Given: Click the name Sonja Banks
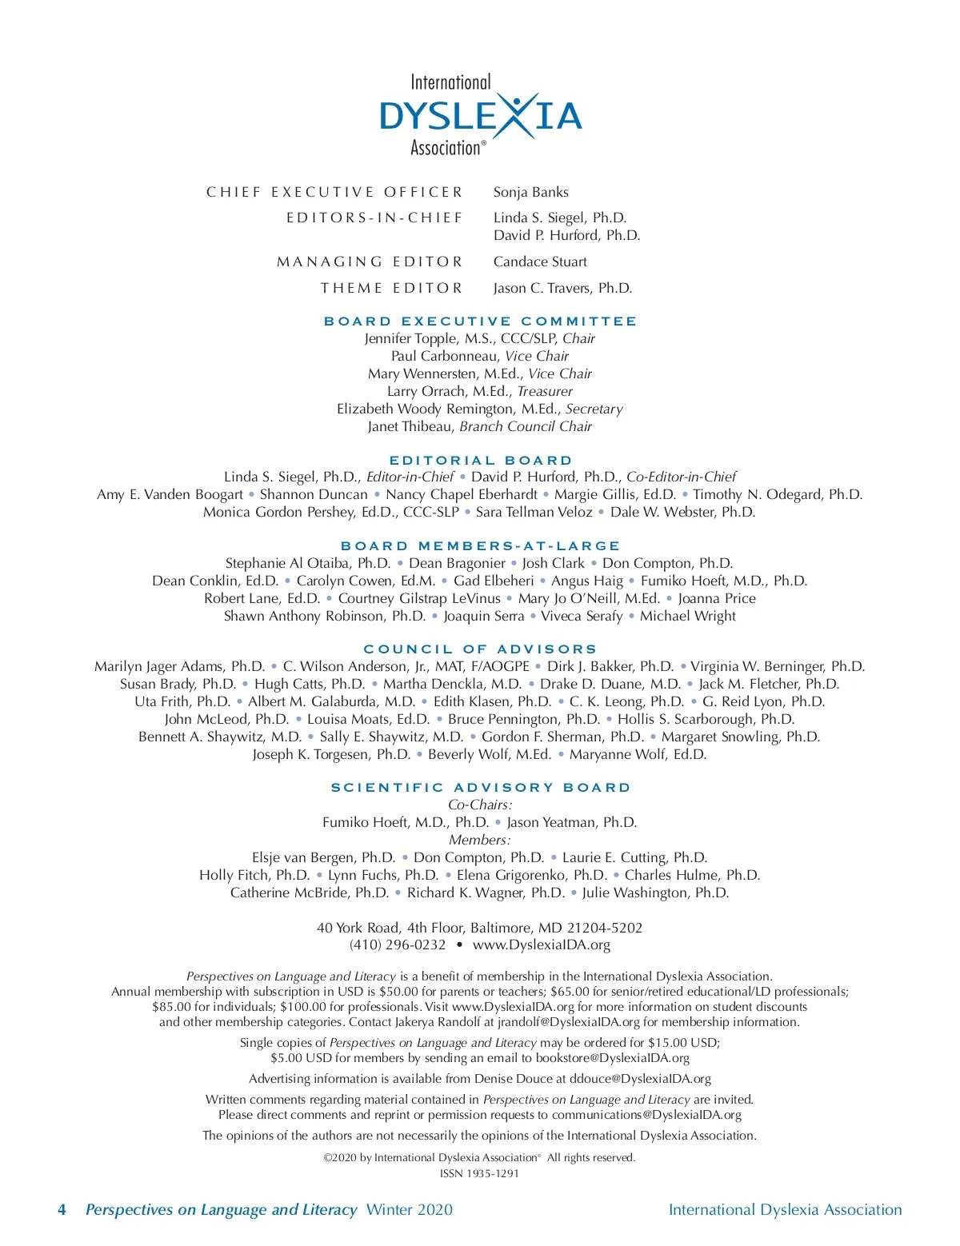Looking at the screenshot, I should [530, 192].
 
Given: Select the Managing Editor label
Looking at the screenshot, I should [370, 262].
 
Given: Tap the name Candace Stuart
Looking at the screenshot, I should [540, 262].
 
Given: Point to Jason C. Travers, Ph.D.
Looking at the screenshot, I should [562, 288].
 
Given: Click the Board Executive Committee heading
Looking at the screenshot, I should [480, 321].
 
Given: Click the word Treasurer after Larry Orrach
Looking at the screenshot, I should [545, 391].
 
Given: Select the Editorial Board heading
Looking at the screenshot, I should [481, 460].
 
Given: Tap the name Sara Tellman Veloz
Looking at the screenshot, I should [534, 512].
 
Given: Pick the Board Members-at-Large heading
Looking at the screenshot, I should [480, 545].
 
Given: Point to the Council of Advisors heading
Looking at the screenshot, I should [480, 649].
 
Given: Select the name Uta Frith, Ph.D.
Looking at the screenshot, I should [182, 701].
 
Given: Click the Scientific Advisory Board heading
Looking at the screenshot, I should [481, 787].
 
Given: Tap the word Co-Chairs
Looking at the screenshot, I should [480, 805].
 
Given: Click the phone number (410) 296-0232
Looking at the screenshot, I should [398, 944].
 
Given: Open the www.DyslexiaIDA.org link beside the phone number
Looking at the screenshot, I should [542, 944].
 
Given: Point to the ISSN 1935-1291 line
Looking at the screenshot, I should [479, 1173].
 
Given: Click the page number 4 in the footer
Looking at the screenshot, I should [62, 1209].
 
